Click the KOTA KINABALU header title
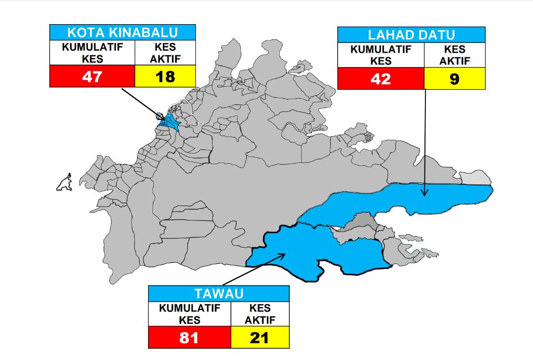click(122, 33)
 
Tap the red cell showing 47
click(92, 77)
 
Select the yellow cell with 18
click(165, 77)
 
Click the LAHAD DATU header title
click(411, 35)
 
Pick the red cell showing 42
click(381, 79)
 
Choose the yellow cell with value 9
click(455, 79)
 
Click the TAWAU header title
click(219, 294)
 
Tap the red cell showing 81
click(190, 338)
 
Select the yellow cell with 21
click(260, 338)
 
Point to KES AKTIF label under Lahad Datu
click(455, 56)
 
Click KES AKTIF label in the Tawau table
click(260, 314)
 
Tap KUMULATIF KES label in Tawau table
click(190, 314)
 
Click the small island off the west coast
click(65, 183)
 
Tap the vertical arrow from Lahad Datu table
click(425, 143)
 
